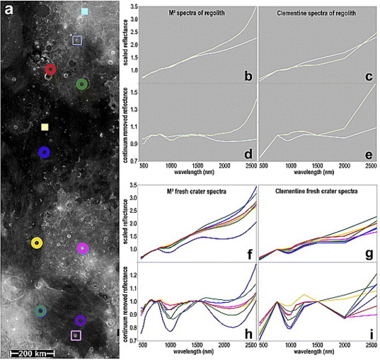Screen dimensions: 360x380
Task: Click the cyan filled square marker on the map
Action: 84,12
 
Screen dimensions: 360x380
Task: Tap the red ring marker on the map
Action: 50,69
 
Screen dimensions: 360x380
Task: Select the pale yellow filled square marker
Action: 45,127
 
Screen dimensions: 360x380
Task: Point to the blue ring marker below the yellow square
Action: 43,152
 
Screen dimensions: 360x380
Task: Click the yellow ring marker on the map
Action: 38,243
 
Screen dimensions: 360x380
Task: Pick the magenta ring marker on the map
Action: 82,248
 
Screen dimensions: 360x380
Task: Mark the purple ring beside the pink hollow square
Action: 80,321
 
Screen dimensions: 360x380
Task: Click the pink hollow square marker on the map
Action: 76,335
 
